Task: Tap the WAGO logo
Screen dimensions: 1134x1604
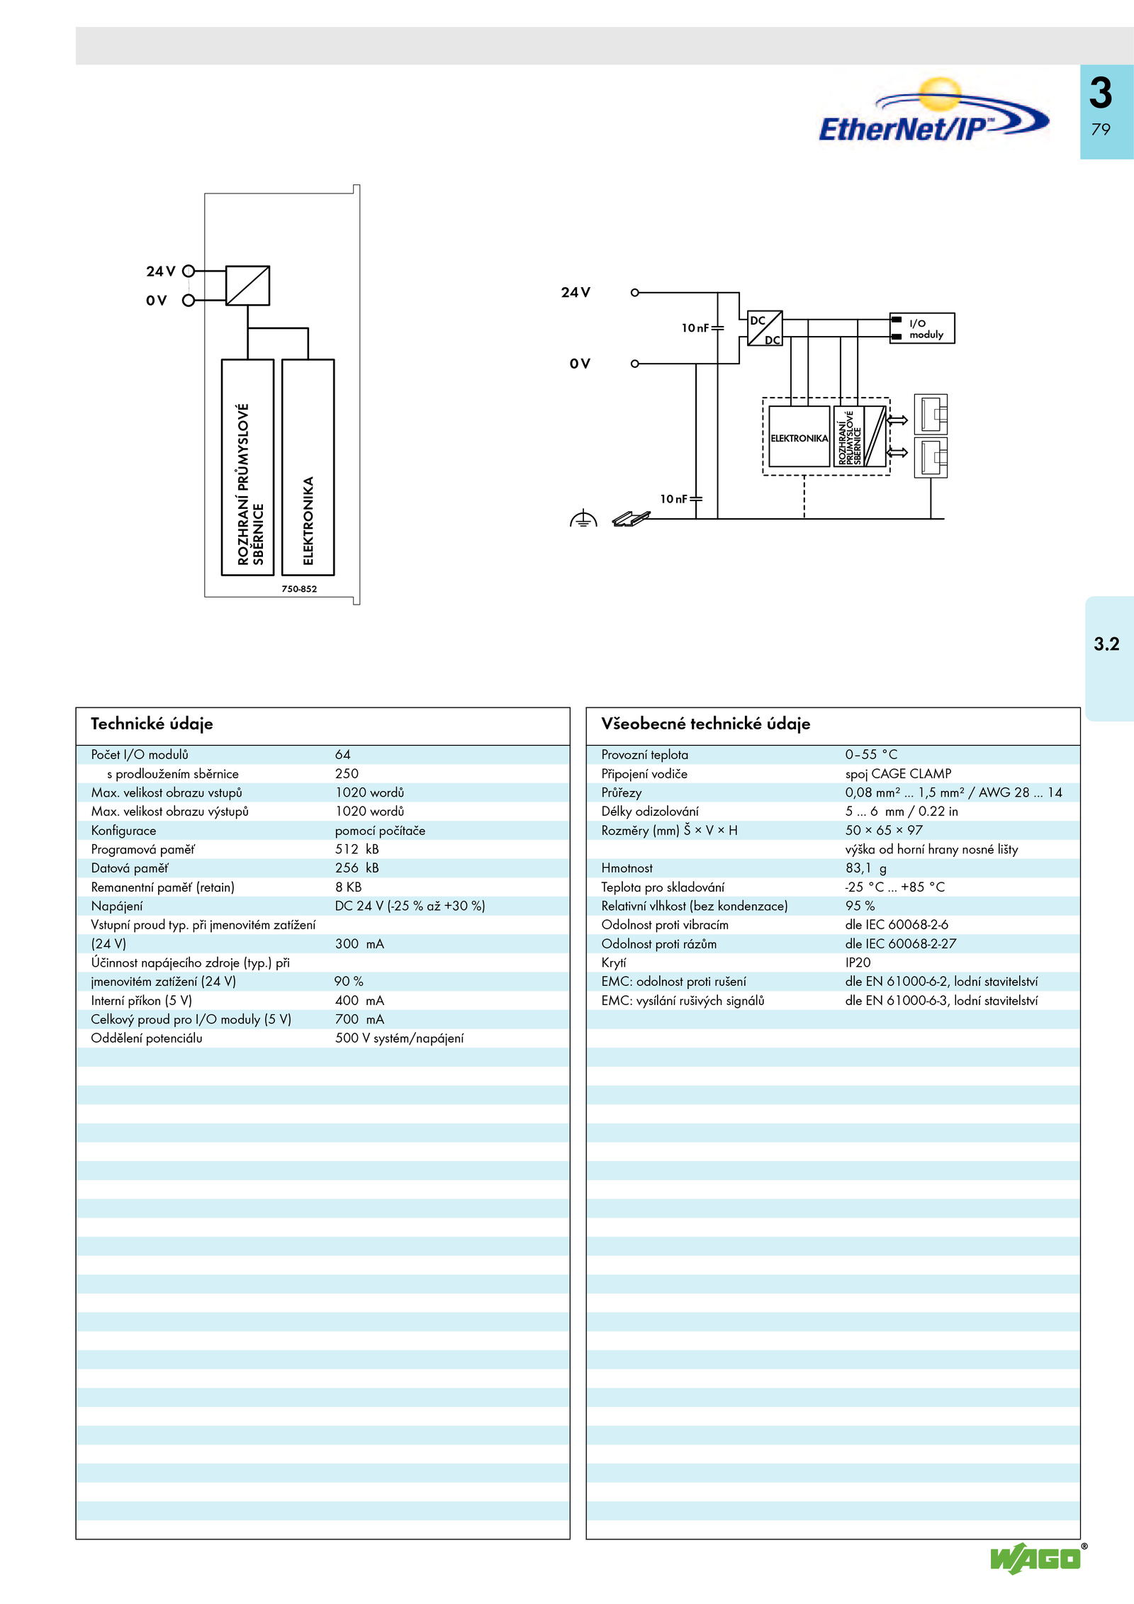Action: click(1036, 1558)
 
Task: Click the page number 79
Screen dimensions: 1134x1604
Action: click(1101, 130)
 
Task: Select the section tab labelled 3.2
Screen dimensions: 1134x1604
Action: click(1106, 644)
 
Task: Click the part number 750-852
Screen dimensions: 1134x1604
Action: click(299, 589)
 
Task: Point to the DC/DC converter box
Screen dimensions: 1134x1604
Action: click(765, 328)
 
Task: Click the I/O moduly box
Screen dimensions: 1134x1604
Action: click(922, 328)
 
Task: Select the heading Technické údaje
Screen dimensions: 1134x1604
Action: click(152, 724)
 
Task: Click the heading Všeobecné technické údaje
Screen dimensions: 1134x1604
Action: click(705, 724)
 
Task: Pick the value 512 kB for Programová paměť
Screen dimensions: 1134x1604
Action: click(357, 849)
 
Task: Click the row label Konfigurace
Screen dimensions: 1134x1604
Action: click(123, 831)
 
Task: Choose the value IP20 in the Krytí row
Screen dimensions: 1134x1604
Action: click(858, 963)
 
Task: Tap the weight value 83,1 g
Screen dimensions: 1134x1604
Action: click(865, 868)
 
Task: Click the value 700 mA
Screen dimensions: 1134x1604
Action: click(359, 1019)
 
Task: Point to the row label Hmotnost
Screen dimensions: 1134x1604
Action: click(627, 868)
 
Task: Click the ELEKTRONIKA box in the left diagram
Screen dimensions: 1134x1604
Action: click(308, 467)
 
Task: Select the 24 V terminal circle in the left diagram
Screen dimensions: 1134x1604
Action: click(189, 271)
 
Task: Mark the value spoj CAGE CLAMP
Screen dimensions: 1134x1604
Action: click(898, 774)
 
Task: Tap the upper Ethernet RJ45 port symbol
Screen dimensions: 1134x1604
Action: click(931, 414)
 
